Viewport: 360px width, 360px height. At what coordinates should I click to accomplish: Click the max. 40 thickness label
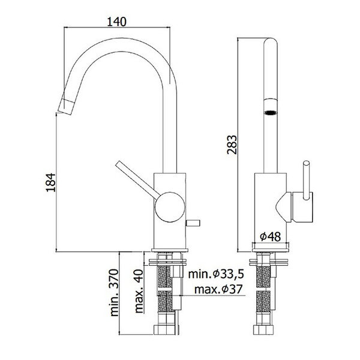tap(139, 287)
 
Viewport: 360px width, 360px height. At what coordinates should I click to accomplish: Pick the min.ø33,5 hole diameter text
tap(217, 275)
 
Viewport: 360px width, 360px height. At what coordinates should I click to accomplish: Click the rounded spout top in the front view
tap(271, 45)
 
